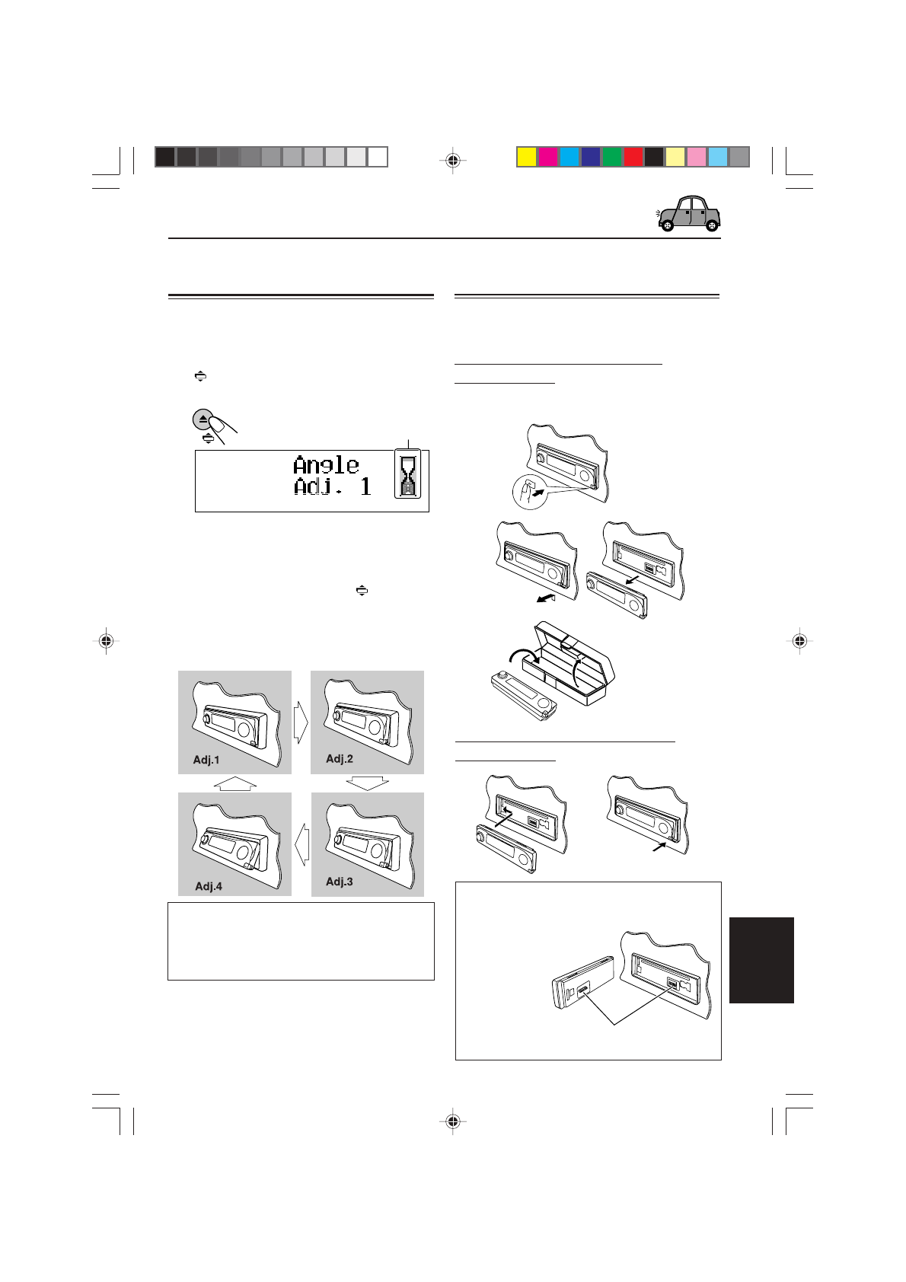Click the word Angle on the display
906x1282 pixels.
click(x=326, y=464)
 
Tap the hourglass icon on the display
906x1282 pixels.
click(x=409, y=474)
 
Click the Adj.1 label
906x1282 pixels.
click(x=206, y=760)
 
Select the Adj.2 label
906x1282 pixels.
click(x=340, y=758)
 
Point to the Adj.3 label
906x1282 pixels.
click(x=340, y=882)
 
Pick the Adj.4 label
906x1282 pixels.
click(x=209, y=886)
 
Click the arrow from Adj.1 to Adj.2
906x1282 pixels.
click(x=301, y=722)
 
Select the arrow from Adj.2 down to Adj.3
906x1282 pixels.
click(x=367, y=783)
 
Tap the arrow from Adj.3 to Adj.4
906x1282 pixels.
click(x=301, y=844)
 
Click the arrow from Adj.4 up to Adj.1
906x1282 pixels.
click(x=235, y=783)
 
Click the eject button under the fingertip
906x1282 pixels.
click(x=203, y=419)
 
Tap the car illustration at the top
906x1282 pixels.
click(x=689, y=214)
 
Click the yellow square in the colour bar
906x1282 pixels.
click(x=526, y=157)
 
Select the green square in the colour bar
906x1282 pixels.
click(x=611, y=157)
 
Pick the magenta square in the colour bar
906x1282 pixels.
click(x=547, y=157)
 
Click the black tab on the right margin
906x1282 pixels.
click(x=761, y=960)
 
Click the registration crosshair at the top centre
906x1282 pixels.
click(x=453, y=161)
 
